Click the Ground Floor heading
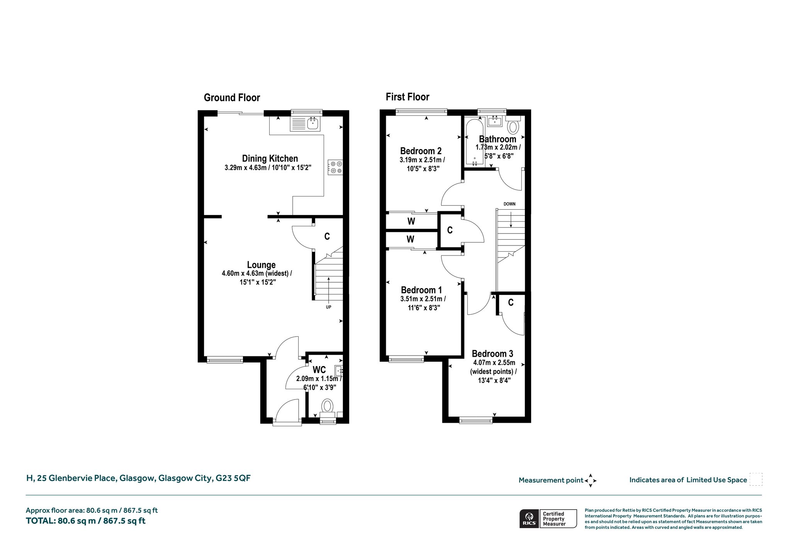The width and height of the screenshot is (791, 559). click(232, 98)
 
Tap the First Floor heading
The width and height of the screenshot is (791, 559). click(407, 97)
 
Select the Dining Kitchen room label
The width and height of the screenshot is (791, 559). click(270, 158)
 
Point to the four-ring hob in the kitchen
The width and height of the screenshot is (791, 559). click(335, 167)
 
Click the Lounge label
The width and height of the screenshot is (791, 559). click(261, 265)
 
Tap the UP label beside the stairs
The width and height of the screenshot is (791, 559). click(329, 307)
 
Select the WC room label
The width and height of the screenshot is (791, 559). click(319, 369)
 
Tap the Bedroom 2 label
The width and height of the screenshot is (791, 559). click(421, 151)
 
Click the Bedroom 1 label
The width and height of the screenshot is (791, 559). click(421, 290)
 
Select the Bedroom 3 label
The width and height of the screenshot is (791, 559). click(492, 354)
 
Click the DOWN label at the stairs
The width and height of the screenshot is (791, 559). click(509, 204)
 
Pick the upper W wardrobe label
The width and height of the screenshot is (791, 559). click(411, 221)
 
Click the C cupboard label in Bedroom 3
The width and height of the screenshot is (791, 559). click(511, 303)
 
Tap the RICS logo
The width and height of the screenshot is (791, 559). click(529, 518)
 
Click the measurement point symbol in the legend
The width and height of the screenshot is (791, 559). click(591, 481)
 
